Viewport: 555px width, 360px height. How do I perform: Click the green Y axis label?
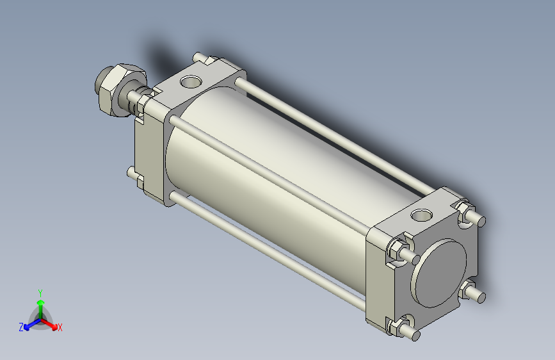[x=40, y=293]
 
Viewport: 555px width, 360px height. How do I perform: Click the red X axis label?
[x=60, y=327]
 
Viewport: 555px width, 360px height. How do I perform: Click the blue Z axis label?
[x=21, y=327]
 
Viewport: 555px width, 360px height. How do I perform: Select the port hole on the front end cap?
[x=191, y=81]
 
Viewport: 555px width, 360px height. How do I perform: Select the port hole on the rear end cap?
[x=422, y=215]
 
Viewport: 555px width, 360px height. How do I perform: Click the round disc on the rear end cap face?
[x=438, y=273]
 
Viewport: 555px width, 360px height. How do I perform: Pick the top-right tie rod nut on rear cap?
[x=465, y=211]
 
